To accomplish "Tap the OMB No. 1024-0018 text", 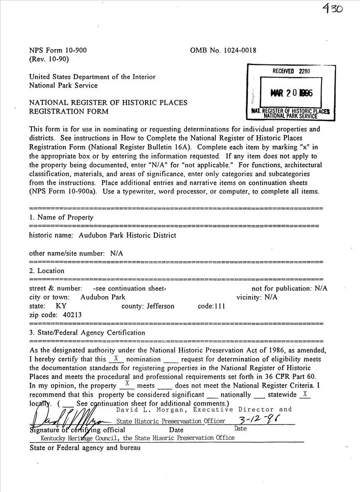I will coord(223,50).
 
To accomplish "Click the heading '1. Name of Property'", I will coord(61,217).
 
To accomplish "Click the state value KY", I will coord(61,306).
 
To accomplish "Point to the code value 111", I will coord(218,306).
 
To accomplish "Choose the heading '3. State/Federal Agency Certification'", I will coord(87,333).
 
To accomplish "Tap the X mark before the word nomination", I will coord(116,359).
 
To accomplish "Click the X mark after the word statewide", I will coord(305,394).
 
